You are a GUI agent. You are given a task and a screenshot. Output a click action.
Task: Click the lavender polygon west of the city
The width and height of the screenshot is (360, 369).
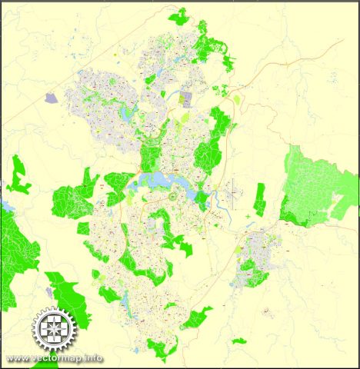52,98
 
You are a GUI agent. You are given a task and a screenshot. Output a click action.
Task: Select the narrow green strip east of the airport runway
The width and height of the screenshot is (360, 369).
260,198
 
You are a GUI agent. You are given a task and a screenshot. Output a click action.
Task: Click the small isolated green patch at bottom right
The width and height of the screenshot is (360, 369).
239,341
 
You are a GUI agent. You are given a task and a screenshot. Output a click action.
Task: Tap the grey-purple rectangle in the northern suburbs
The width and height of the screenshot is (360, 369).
185,98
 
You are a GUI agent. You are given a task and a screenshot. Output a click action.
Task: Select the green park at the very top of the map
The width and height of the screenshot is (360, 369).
179,15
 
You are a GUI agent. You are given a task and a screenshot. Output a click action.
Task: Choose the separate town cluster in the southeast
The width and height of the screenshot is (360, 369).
258,254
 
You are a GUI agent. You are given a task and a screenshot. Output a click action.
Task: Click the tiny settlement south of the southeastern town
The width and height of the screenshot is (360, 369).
266,311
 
